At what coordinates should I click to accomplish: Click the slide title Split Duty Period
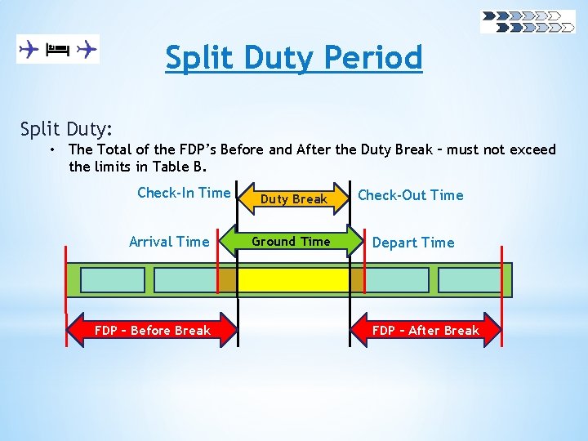click(294, 58)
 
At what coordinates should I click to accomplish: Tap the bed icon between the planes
click(57, 49)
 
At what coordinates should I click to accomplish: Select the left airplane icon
click(29, 49)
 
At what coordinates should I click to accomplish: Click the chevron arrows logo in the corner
click(528, 22)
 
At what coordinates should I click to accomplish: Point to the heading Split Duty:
click(67, 128)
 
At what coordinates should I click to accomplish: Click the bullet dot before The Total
click(51, 149)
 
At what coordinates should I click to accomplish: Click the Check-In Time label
click(184, 193)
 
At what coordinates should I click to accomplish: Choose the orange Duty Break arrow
click(293, 198)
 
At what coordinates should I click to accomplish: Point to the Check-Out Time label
click(410, 195)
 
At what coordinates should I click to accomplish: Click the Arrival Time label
click(169, 242)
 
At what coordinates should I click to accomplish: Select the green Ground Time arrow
click(292, 242)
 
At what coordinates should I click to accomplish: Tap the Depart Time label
click(413, 243)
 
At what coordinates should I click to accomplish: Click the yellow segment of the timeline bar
click(293, 280)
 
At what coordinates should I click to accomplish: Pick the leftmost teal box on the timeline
click(113, 280)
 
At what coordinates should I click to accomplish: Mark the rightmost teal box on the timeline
click(470, 280)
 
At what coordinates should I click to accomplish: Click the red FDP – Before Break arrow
click(152, 331)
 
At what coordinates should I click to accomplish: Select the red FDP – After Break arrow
click(425, 331)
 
